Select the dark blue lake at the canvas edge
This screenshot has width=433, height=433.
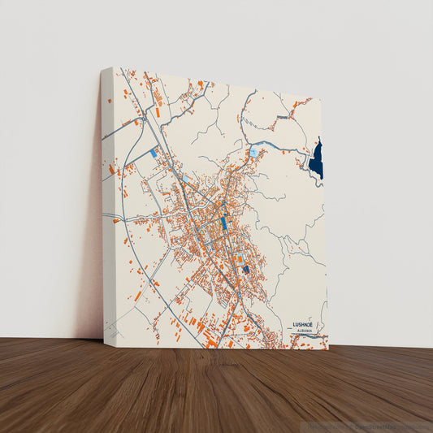[316, 158]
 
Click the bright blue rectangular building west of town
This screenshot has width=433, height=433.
[153, 152]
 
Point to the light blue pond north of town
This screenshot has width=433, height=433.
[253, 151]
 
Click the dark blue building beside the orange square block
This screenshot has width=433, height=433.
[245, 269]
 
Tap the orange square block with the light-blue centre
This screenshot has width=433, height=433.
[239, 259]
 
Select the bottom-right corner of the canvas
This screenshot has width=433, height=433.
[328, 349]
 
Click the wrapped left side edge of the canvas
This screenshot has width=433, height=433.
[108, 203]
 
